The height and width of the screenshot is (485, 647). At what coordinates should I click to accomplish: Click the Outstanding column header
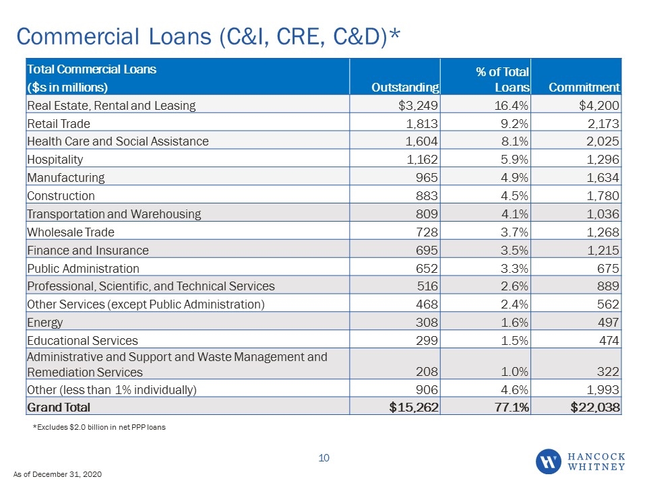405,88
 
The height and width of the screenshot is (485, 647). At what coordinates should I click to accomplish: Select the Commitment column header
584,88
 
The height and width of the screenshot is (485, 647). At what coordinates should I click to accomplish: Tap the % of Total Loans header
503,79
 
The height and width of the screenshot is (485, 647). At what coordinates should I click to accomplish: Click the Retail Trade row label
59,124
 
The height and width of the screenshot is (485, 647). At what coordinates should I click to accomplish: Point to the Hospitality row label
55,160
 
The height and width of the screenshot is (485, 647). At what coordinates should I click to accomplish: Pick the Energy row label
45,323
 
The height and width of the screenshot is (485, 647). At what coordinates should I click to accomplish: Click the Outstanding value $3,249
418,106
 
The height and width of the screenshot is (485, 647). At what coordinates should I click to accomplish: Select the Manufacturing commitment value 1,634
603,178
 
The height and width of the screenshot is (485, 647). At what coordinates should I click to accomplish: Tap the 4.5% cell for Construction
514,196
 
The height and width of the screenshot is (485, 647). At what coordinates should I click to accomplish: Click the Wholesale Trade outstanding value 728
427,232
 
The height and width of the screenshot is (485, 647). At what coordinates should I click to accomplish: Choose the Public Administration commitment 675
608,269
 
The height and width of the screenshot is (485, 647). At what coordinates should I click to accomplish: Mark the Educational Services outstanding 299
427,341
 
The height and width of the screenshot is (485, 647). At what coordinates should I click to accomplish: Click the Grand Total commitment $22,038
595,408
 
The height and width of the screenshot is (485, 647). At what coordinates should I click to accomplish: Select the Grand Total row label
59,408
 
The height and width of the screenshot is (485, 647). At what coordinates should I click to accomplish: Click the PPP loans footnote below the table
99,427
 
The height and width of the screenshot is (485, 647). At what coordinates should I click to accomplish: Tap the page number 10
324,458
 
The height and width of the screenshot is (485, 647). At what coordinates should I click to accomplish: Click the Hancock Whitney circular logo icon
549,461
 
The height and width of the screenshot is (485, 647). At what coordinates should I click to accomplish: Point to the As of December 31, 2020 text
57,474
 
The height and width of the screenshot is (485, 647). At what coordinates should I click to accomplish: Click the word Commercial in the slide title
78,36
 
